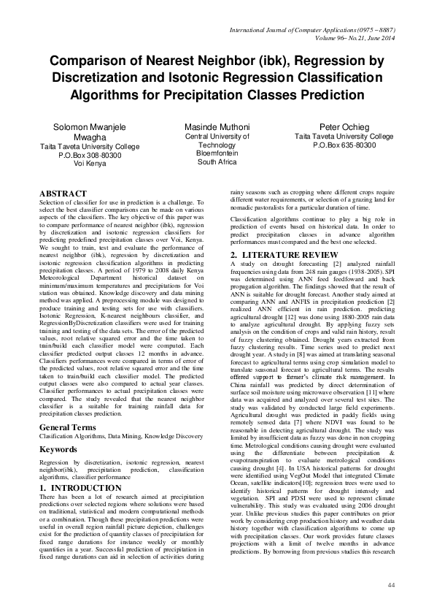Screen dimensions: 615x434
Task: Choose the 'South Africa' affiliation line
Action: (x=217, y=163)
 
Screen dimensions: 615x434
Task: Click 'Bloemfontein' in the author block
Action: (x=217, y=154)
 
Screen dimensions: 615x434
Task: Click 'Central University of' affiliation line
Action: (x=217, y=137)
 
